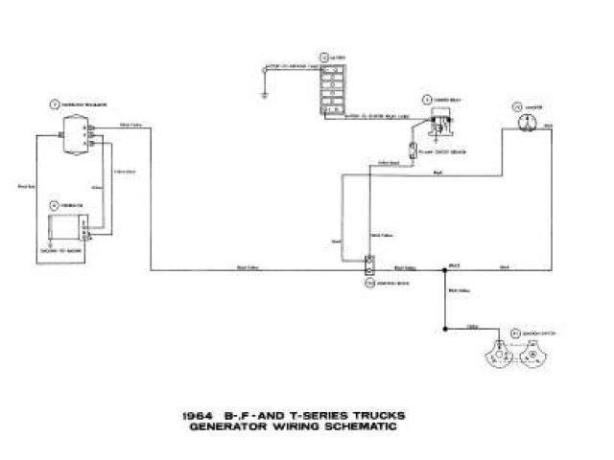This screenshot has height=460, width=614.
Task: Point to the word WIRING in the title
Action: point(297,427)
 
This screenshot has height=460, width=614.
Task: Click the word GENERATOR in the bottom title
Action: point(235,427)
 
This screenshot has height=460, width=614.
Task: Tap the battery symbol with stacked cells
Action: point(332,92)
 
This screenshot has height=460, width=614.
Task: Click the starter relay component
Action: point(442,123)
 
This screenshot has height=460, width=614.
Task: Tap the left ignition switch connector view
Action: point(500,354)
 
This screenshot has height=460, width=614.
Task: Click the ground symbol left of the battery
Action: point(261,94)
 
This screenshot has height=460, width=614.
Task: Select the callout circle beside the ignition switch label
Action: point(512,330)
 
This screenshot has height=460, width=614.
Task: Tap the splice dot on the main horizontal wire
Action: point(445,270)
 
